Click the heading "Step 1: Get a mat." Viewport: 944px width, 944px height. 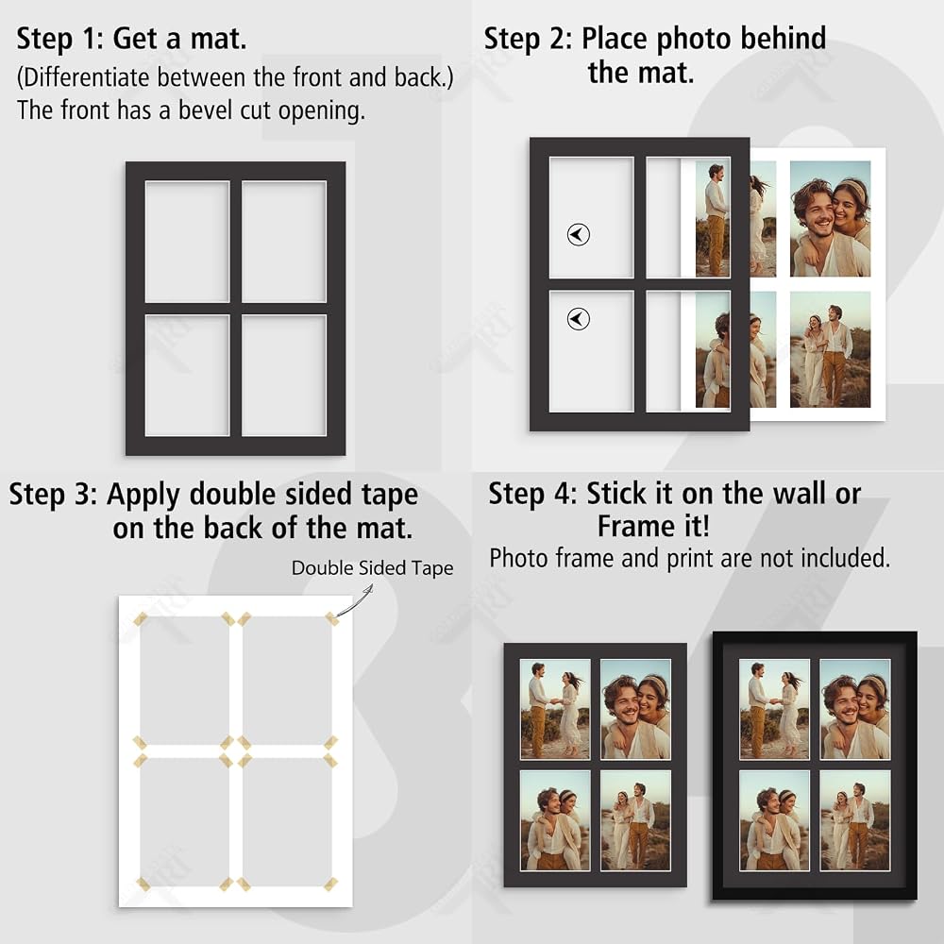tap(131, 39)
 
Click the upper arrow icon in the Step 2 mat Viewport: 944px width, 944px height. tap(579, 235)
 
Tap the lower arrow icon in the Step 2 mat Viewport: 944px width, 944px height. tap(579, 319)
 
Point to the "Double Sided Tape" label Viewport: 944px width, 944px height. tap(372, 567)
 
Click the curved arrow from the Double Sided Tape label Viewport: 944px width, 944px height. tap(355, 602)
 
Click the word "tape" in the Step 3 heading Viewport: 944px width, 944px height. tap(390, 495)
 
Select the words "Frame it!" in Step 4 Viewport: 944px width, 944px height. tap(654, 526)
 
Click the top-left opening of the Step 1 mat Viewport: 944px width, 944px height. tap(187, 242)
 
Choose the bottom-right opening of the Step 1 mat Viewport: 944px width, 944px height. tap(284, 375)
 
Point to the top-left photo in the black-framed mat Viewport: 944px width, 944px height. tap(774, 709)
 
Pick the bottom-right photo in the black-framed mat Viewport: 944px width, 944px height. tap(855, 820)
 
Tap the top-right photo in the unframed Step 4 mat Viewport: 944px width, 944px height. tap(635, 709)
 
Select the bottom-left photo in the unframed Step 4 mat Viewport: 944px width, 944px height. tap(555, 820)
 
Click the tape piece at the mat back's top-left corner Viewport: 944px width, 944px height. tap(141, 619)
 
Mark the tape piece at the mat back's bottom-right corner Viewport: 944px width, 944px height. tap(330, 884)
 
